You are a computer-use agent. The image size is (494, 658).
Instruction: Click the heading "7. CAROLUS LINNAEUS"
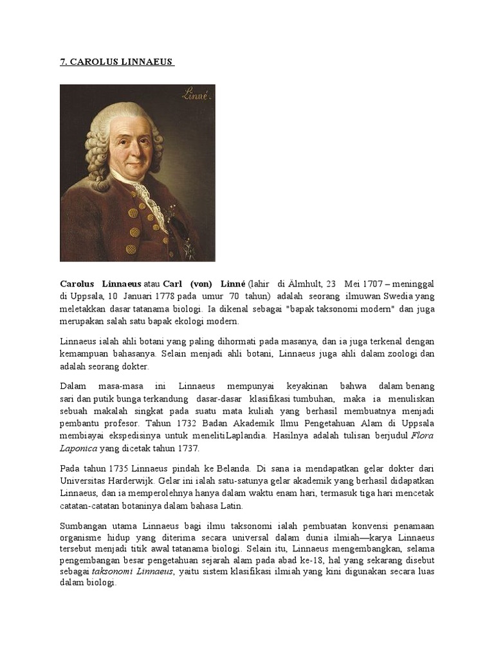click(116, 62)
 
